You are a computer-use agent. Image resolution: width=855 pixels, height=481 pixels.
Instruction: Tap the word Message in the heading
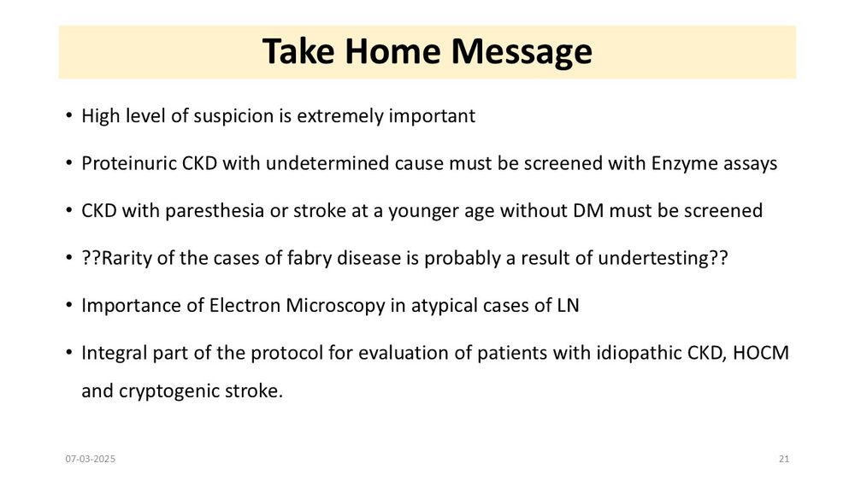pos(522,52)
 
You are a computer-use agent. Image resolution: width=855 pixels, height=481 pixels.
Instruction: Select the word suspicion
pos(226,116)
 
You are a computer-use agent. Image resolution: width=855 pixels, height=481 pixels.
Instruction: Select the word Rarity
pos(127,258)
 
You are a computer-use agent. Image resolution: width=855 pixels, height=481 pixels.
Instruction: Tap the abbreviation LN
pos(568,306)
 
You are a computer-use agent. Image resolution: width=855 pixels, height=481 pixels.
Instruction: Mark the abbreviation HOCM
pos(761,353)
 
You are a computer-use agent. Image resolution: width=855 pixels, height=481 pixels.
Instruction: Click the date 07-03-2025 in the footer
pos(91,459)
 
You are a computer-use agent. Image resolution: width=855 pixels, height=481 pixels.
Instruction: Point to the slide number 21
pos(784,459)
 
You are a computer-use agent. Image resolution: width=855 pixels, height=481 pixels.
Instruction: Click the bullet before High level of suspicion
pos(68,115)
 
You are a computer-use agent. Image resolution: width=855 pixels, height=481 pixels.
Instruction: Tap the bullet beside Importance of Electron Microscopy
pos(68,305)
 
